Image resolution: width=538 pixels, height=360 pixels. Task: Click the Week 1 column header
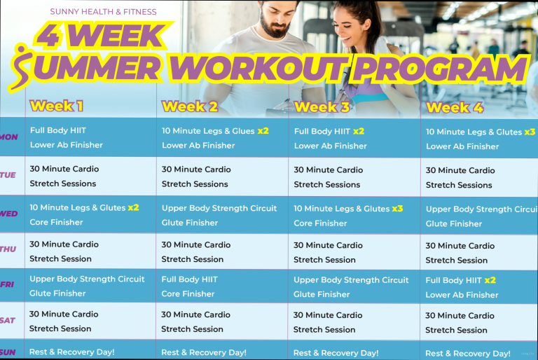click(x=57, y=106)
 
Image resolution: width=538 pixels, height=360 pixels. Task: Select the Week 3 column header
click(x=322, y=107)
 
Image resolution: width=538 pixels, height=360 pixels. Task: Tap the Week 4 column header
click(x=455, y=108)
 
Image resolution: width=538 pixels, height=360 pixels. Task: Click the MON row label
click(x=9, y=137)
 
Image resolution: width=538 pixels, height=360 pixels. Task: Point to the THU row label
click(x=8, y=249)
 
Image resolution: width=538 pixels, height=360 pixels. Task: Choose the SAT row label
click(x=8, y=321)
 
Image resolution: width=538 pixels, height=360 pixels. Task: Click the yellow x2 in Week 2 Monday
click(x=263, y=131)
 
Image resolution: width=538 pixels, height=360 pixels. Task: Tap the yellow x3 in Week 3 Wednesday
click(x=397, y=209)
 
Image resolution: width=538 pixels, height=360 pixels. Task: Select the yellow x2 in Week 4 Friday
click(x=490, y=280)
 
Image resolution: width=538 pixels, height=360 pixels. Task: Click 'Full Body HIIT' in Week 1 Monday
click(x=58, y=130)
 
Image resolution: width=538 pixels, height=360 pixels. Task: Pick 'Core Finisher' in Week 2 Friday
click(x=188, y=293)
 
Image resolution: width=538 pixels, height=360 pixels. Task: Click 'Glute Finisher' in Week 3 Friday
click(x=322, y=294)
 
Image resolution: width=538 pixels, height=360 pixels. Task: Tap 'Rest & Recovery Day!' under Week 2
click(x=204, y=352)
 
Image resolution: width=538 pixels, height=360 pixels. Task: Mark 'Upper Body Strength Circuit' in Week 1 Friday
click(x=87, y=279)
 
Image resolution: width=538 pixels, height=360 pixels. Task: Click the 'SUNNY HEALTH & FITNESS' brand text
click(x=103, y=12)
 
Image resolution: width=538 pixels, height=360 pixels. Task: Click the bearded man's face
click(x=275, y=19)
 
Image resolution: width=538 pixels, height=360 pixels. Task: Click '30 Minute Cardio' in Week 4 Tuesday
click(x=460, y=171)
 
